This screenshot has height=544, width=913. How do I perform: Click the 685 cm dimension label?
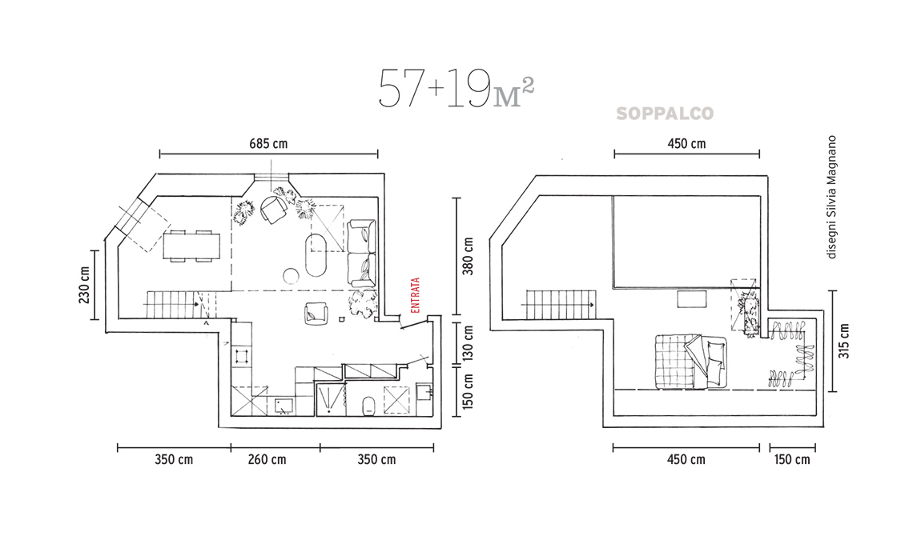(x=268, y=143)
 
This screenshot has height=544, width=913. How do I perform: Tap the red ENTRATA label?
(x=416, y=295)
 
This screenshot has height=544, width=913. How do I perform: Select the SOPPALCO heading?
(x=665, y=114)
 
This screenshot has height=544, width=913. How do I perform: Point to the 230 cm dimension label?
(x=84, y=285)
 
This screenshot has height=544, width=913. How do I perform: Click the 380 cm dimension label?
(x=469, y=257)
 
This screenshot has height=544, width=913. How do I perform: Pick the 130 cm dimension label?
(x=469, y=342)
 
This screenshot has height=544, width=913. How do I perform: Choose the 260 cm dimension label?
(x=267, y=460)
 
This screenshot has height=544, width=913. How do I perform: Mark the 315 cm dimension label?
(x=844, y=341)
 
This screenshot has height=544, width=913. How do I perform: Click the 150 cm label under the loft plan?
(x=792, y=460)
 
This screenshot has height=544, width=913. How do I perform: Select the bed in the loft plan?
(x=691, y=362)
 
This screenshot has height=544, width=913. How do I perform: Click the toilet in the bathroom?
(x=368, y=406)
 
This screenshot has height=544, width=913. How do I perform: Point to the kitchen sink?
(x=284, y=406)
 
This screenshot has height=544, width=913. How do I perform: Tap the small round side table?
(x=292, y=276)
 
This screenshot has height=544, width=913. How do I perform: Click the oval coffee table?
(x=317, y=255)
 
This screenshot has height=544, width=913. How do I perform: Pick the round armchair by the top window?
(x=273, y=210)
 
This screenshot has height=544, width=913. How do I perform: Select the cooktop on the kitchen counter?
(x=242, y=355)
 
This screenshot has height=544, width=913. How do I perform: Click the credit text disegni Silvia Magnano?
(x=831, y=197)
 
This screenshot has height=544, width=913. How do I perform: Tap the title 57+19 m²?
(x=456, y=89)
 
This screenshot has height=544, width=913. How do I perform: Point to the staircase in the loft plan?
(x=560, y=304)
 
